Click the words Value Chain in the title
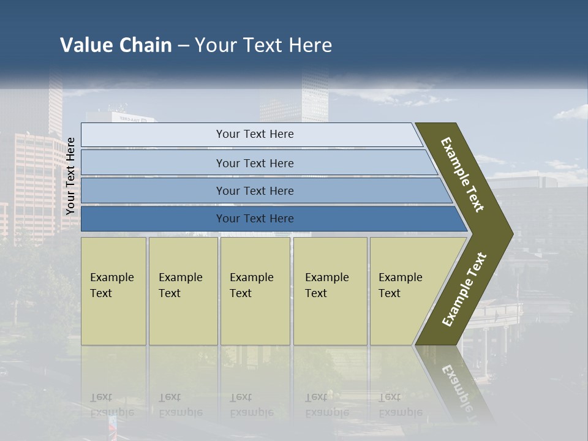(116, 45)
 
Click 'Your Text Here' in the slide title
(263, 45)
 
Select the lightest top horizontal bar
(254, 134)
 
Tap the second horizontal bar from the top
(254, 163)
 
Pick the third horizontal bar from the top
(254, 190)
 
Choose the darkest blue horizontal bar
(254, 219)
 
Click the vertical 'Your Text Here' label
(70, 176)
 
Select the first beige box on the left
(113, 291)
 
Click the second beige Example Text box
(183, 291)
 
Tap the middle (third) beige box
(254, 291)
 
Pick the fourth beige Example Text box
(330, 291)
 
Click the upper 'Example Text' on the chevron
(462, 175)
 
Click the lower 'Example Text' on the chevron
(464, 289)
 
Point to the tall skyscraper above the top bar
(314, 98)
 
